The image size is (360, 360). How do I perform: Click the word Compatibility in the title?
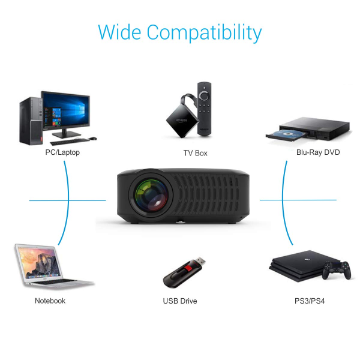pos(204,32)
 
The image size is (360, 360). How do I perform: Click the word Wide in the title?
pos(119,32)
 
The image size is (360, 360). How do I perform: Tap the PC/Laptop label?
pos(62,152)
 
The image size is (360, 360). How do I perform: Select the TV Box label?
pos(196,153)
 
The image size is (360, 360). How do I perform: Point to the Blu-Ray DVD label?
pos(318,152)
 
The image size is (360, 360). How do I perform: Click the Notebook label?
pos(50,301)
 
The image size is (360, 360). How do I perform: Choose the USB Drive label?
pos(180,301)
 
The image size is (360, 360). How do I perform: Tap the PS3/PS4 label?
pos(310,301)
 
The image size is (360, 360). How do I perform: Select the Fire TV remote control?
pos(205,109)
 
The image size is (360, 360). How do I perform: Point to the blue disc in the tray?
pos(287,134)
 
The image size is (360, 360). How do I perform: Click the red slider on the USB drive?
pos(189,268)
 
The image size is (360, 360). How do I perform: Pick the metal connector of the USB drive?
pos(200,261)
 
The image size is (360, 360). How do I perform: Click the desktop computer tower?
pos(31,121)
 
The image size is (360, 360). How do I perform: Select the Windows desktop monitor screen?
pos(65,110)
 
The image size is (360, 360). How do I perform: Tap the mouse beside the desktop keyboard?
pos(93,139)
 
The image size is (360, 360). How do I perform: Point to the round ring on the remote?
pos(204,96)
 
